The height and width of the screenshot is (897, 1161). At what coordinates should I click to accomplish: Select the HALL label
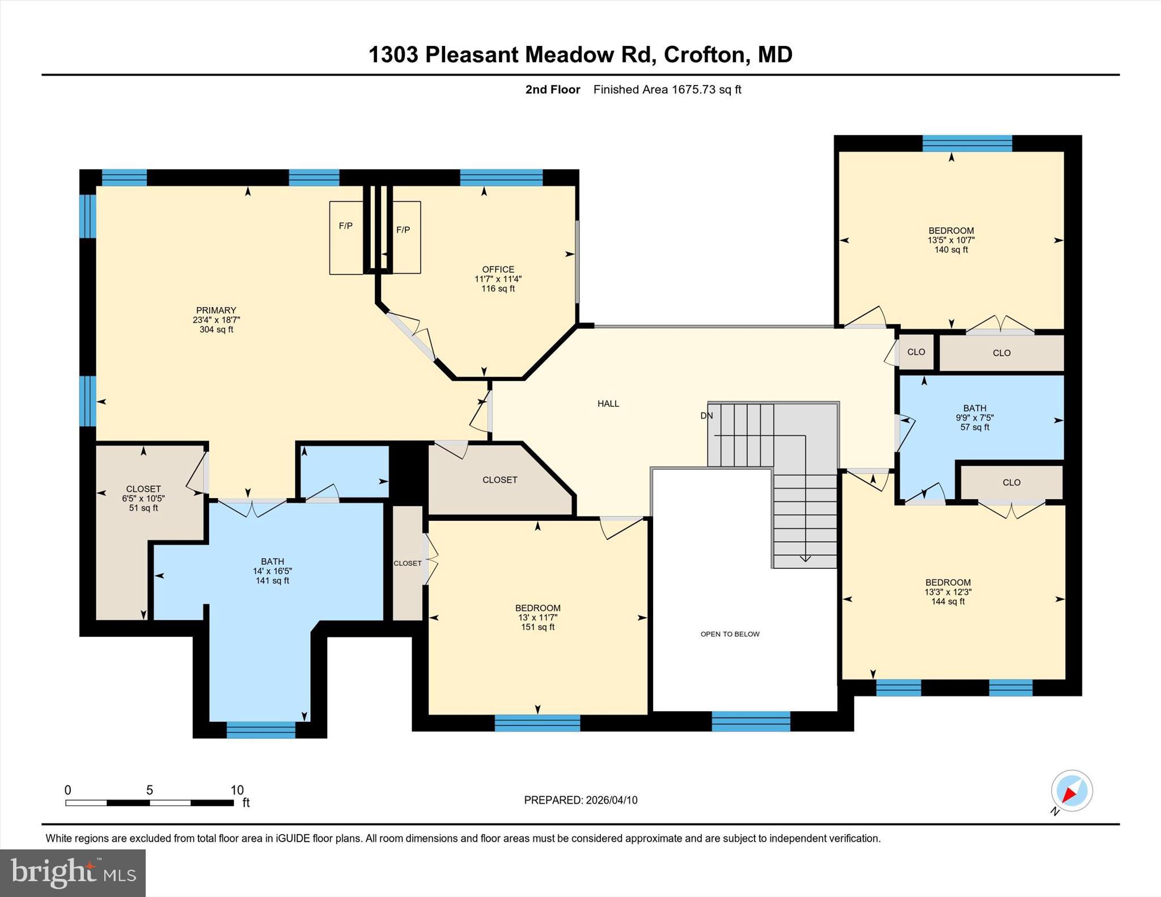pos(608,403)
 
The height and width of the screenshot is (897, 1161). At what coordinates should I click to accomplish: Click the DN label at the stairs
pos(706,415)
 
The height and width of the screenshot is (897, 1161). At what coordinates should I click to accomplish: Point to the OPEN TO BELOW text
pos(730,634)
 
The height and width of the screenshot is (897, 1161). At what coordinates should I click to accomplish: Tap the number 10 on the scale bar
pos(236,789)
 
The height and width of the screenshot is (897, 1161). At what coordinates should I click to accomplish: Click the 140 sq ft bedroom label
pos(951,240)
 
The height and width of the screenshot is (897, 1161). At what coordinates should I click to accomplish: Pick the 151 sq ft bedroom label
pos(537,617)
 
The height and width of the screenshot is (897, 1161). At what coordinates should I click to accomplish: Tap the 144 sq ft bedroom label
pos(948,592)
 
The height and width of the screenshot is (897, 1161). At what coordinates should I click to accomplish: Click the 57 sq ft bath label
pos(974,417)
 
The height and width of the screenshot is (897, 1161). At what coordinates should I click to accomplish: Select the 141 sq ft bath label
pos(272,571)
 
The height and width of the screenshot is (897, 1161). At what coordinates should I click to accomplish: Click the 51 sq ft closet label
pos(143,498)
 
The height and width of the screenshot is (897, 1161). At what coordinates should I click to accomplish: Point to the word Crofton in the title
pos(704,54)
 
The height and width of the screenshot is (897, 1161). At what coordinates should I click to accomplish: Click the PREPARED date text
pos(580,800)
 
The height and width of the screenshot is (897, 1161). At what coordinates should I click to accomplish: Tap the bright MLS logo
pos(73,873)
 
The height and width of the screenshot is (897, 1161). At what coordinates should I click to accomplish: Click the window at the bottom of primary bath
pos(261,730)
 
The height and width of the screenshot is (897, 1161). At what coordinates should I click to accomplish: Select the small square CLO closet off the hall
pos(916,352)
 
